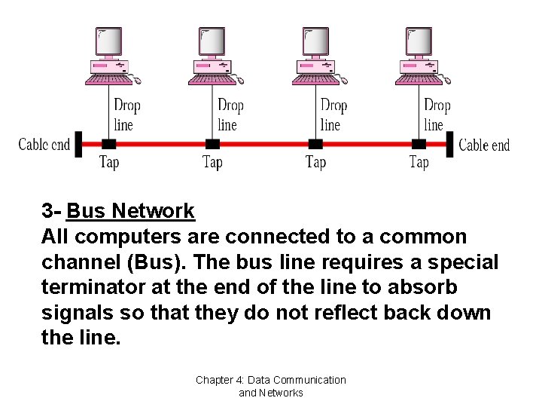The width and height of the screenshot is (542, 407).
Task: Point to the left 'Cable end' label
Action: click(x=44, y=145)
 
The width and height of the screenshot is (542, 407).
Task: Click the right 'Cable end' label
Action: click(x=484, y=145)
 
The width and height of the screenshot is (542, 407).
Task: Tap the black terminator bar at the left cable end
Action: click(x=78, y=144)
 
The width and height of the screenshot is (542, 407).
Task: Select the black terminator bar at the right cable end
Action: click(x=449, y=144)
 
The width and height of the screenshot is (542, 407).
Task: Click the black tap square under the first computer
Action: click(x=109, y=144)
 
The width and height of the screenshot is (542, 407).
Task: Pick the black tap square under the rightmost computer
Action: click(x=419, y=144)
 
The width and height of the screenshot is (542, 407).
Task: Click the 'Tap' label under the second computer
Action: click(x=212, y=162)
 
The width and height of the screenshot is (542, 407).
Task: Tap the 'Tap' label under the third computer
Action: click(x=315, y=162)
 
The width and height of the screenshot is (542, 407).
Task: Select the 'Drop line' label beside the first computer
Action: click(x=126, y=115)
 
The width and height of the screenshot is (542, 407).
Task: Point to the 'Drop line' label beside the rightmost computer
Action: click(x=437, y=115)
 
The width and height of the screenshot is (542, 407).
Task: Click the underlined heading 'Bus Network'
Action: click(x=130, y=211)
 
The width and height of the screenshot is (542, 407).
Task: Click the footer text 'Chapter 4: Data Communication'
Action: click(x=271, y=380)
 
